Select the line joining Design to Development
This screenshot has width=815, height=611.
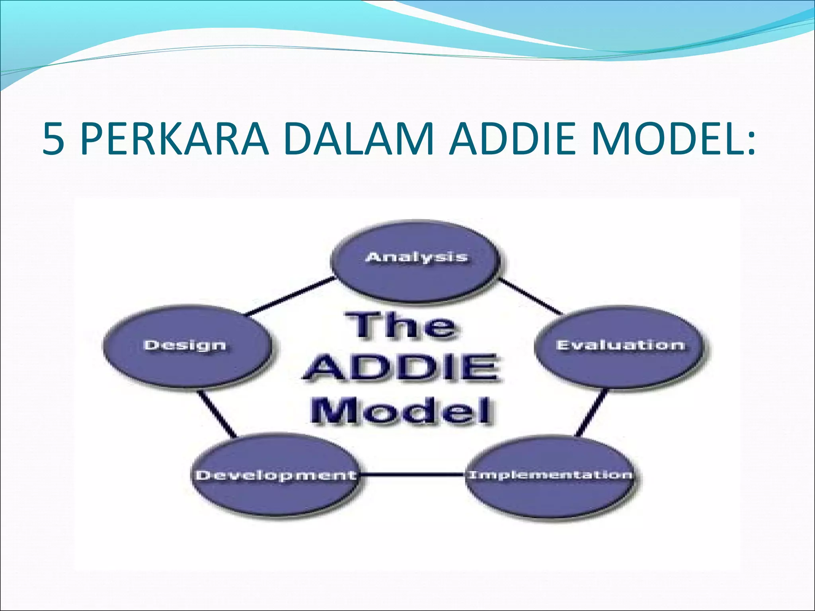(x=217, y=414)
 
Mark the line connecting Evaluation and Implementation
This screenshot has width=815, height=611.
(x=592, y=413)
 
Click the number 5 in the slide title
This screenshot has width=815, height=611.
(x=53, y=139)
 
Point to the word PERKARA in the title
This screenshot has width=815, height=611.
(x=175, y=139)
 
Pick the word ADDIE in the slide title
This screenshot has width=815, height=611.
(x=512, y=139)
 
